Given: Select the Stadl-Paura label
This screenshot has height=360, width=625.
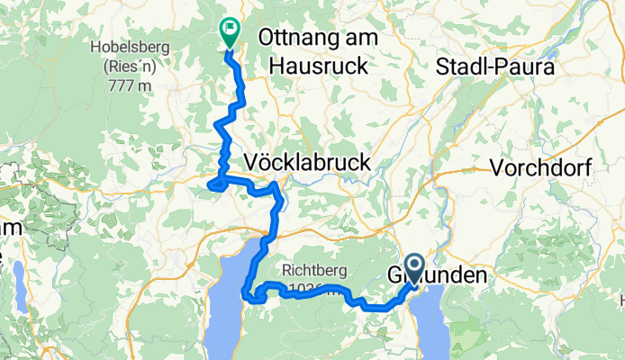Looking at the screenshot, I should [494, 66].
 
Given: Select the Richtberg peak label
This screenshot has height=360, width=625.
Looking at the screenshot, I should [312, 268].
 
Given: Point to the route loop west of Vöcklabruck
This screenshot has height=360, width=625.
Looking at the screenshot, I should [215, 184].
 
